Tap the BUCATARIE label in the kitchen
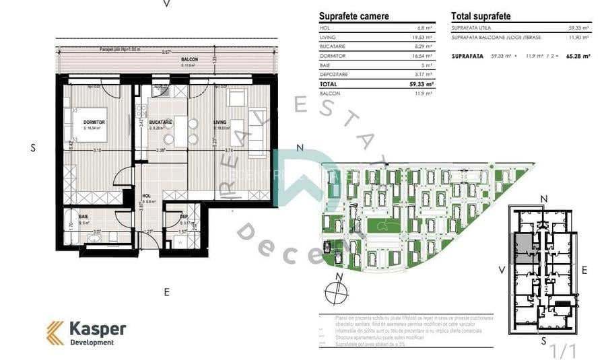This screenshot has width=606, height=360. click(161, 122)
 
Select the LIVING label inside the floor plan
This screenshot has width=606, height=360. click(220, 122)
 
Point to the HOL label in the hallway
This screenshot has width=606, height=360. click(146, 196)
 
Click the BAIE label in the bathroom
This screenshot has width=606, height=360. click(83, 217)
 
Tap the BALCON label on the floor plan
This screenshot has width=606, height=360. click(189, 60)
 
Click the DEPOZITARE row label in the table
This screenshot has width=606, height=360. click(334, 74)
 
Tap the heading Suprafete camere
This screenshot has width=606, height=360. click(353, 16)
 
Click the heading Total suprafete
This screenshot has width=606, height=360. click(481, 16)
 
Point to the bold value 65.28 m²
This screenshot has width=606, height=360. click(578, 57)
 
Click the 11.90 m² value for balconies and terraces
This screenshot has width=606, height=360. click(580, 38)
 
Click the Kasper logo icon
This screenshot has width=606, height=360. click(55, 332)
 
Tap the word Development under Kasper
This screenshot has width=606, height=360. click(92, 343)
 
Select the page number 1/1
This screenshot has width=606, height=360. click(564, 351)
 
